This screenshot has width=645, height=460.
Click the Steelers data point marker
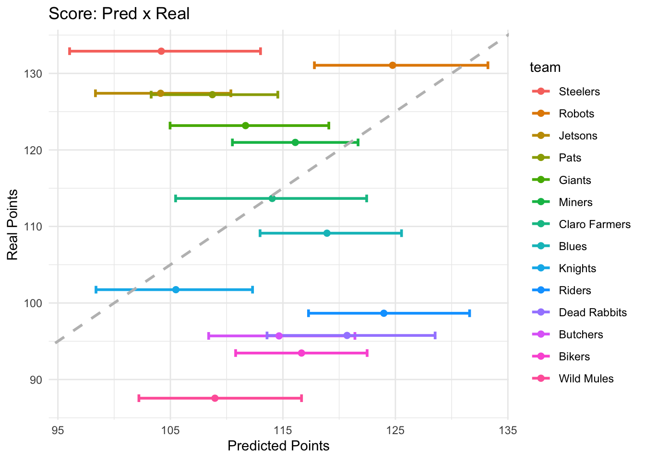161,51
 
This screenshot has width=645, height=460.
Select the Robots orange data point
393,65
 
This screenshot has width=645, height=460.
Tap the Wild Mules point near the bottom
215,398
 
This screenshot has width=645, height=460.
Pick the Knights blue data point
176,289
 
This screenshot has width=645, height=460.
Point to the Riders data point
383,313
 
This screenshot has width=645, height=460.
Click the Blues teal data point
327,233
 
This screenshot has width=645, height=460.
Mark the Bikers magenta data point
301,353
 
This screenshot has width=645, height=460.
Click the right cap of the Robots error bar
488,65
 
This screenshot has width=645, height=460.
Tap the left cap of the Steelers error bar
70,51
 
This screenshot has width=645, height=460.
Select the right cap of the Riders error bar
470,313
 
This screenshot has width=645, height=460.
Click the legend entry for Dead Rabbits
593,312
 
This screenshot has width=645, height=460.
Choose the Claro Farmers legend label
595,224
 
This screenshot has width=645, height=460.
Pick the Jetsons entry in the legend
578,136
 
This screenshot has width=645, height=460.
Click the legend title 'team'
545,68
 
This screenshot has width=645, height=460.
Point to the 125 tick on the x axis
395,430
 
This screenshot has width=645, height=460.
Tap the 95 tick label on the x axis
58,430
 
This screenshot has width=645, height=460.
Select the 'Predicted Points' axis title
278,446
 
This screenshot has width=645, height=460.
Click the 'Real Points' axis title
13,225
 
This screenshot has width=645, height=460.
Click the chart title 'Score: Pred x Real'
119,14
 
